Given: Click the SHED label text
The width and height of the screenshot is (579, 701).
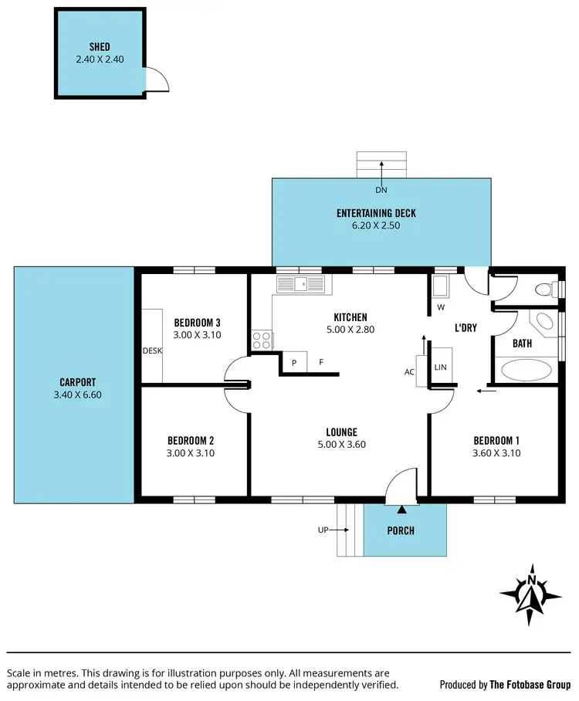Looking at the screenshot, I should (99, 47).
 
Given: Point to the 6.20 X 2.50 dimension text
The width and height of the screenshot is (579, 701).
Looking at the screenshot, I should (381, 226).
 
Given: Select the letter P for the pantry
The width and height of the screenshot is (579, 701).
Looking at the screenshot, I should (294, 361).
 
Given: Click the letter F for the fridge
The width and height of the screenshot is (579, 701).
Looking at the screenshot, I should (321, 361).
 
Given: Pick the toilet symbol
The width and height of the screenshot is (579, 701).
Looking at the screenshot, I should (547, 290).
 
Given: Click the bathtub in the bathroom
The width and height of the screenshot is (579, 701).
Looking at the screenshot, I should (528, 371).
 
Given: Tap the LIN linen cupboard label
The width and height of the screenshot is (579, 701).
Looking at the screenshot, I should (441, 367).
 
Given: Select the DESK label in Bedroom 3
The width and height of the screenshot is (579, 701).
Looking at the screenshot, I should (152, 350).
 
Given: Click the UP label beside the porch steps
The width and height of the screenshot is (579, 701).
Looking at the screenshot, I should (323, 530).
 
